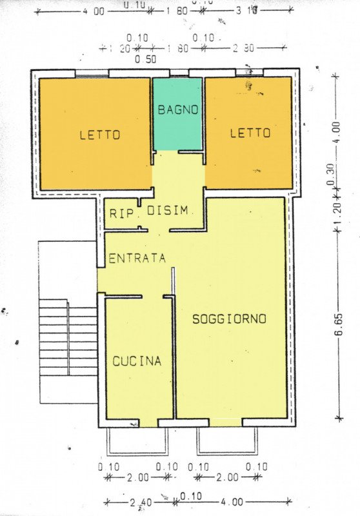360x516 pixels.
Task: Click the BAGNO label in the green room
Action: pyautogui.click(x=177, y=110)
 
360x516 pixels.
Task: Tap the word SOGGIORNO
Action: pyautogui.click(x=229, y=319)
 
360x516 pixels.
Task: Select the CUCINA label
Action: pyautogui.click(x=137, y=361)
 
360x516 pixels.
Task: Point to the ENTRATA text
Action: pyautogui.click(x=137, y=258)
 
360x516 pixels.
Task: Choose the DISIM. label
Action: pyautogui.click(x=168, y=211)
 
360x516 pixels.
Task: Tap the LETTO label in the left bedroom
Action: pyautogui.click(x=100, y=135)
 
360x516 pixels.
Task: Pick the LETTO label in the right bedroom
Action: pyautogui.click(x=250, y=133)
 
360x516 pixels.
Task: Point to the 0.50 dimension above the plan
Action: pyautogui.click(x=145, y=60)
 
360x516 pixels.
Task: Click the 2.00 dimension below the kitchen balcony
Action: pyautogui.click(x=137, y=477)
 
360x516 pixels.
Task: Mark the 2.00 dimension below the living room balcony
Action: pyautogui.click(x=227, y=477)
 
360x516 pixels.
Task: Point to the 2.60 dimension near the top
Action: pyautogui.click(x=243, y=47)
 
